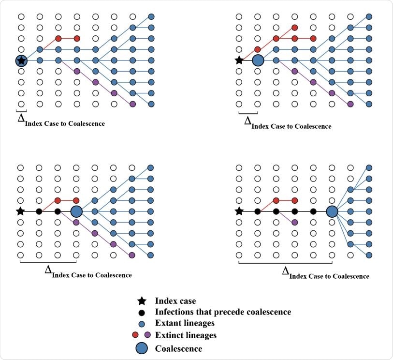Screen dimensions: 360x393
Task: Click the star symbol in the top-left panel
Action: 21,60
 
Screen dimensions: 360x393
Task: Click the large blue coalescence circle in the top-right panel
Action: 258,60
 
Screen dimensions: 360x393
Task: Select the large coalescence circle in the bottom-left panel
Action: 76,211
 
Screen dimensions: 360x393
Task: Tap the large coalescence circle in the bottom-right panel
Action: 332,211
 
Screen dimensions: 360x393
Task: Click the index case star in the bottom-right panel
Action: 239,211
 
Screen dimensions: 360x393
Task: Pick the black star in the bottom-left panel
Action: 20,211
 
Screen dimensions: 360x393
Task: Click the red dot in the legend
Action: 135,335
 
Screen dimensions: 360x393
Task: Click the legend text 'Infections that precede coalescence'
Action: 223,312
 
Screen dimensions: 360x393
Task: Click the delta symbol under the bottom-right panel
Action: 286,271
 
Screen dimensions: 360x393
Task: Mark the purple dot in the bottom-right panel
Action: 294,222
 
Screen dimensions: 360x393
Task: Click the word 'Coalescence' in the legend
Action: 178,348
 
